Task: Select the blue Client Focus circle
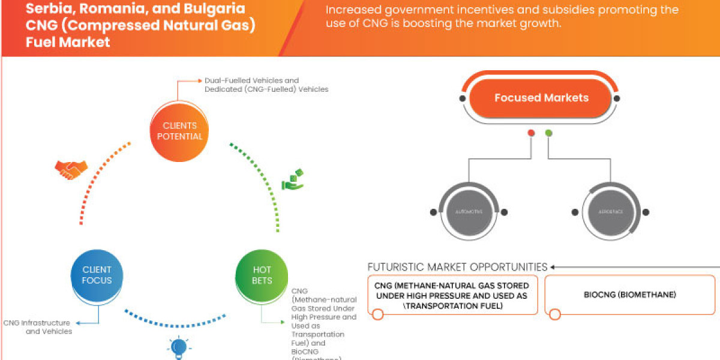(x=97, y=275)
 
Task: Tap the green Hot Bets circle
(x=262, y=275)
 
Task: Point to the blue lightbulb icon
(x=179, y=347)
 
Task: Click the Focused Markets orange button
(x=541, y=98)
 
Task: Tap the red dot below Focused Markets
(x=531, y=133)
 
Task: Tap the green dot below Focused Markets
(x=548, y=133)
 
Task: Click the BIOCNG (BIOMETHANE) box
(x=629, y=295)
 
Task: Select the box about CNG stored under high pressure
(x=452, y=295)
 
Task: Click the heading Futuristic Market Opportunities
(x=457, y=266)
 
